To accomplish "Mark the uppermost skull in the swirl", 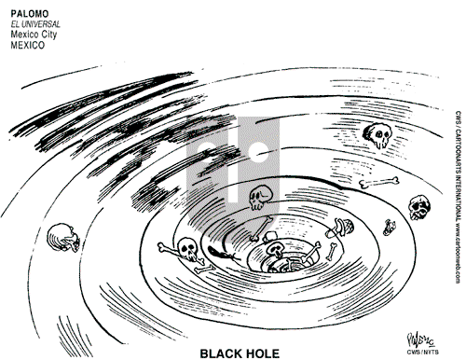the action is (x=377, y=136).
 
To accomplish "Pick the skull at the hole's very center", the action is (x=277, y=253).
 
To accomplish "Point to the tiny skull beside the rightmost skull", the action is (x=387, y=252).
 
